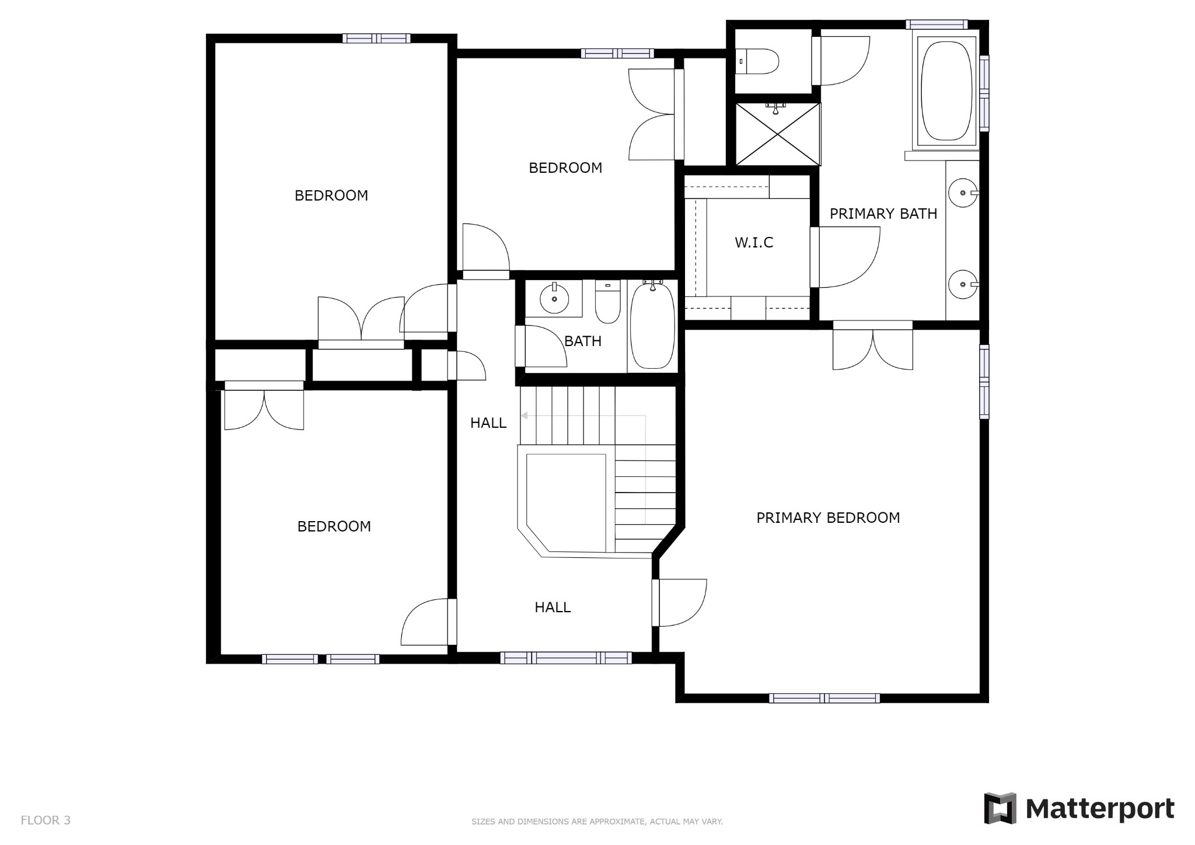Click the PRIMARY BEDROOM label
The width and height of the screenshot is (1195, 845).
tap(827, 518)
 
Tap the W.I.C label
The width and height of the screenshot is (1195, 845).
tap(753, 242)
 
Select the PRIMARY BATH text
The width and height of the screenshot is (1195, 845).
tap(883, 214)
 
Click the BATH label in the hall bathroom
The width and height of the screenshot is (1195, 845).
tap(582, 341)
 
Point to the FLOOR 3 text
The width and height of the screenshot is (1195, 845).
tap(46, 820)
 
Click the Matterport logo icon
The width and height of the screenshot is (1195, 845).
tap(1000, 808)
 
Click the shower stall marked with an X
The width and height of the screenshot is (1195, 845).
tap(777, 134)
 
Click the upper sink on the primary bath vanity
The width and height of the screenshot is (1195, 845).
tap(962, 193)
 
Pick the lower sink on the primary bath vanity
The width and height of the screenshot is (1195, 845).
tap(962, 284)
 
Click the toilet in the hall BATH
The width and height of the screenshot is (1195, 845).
tap(607, 303)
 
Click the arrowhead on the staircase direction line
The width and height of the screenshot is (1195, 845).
tap(525, 415)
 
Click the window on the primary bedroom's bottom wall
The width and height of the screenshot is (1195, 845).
tap(824, 698)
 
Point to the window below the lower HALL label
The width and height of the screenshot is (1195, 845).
tap(565, 658)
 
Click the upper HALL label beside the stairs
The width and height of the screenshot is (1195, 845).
tap(488, 423)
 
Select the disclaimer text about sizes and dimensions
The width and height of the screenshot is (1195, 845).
tap(597, 822)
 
